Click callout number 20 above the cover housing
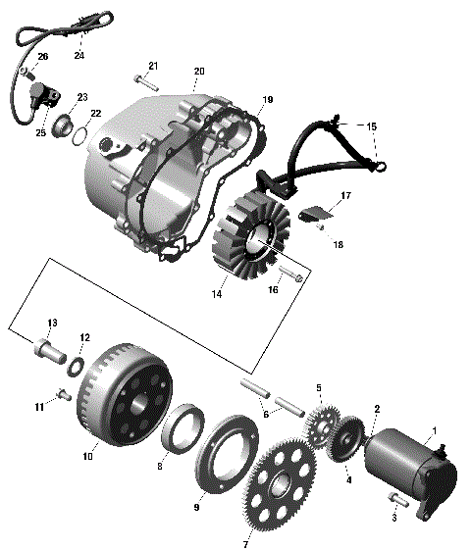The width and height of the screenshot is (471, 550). pyautogui.click(x=199, y=72)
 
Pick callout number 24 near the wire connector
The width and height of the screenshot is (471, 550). pyautogui.click(x=78, y=54)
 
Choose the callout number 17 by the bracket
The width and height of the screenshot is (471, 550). pyautogui.click(x=345, y=197)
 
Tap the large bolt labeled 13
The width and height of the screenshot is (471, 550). pyautogui.click(x=47, y=347)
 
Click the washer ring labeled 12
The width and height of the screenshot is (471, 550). pyautogui.click(x=74, y=367)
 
